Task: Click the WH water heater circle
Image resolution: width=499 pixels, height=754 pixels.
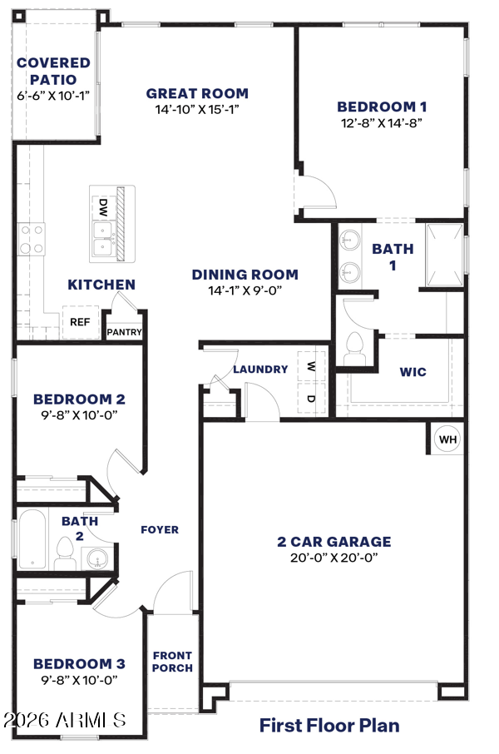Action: click(447, 439)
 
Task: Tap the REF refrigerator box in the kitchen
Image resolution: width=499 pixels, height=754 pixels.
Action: click(80, 322)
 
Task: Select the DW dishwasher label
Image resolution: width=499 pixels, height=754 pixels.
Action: click(103, 208)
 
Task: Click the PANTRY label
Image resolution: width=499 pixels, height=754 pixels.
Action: click(124, 332)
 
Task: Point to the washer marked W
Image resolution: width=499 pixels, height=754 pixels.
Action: click(312, 367)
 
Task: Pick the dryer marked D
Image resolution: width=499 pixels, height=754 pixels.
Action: click(312, 398)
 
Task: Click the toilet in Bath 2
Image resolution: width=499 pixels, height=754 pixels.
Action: click(64, 553)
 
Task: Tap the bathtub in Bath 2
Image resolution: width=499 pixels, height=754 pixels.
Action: click(32, 539)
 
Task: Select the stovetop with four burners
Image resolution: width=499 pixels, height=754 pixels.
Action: click(32, 239)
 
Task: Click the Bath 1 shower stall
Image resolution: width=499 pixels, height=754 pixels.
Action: click(445, 255)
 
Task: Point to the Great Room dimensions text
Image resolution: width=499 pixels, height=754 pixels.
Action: click(197, 109)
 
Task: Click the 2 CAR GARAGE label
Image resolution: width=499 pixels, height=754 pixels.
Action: click(334, 542)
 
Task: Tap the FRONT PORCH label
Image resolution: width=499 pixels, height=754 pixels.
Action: click(173, 662)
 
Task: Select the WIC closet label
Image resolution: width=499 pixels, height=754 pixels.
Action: click(413, 372)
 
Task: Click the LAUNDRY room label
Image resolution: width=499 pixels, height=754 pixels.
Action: click(260, 370)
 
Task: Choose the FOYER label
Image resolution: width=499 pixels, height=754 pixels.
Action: click(160, 530)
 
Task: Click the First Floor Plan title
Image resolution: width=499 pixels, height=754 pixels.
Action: click(329, 725)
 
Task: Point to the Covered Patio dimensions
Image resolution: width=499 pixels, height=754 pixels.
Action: click(53, 96)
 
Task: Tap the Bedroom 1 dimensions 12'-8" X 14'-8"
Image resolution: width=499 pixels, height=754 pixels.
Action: click(382, 122)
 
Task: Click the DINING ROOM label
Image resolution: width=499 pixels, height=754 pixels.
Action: click(245, 275)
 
